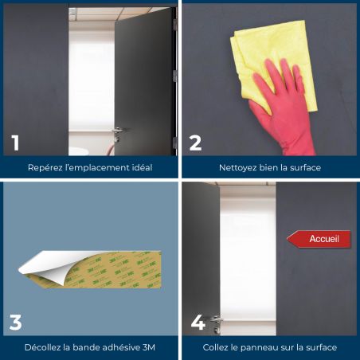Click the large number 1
point(15,143)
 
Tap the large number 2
point(196,143)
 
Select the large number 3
point(15,323)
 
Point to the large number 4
point(198,323)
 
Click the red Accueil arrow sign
point(319,239)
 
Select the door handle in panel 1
point(117,133)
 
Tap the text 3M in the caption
point(149,347)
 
